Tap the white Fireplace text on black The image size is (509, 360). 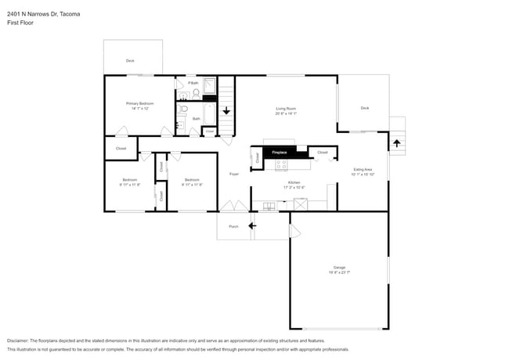279,152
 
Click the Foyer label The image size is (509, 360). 233,174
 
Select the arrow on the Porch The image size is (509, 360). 251,226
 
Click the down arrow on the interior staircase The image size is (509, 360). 226,110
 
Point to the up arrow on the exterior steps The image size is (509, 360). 396,143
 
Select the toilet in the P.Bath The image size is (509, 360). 196,93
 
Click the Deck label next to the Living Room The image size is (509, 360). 364,108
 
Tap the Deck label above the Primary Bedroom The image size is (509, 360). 130,60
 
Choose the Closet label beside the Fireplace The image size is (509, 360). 322,152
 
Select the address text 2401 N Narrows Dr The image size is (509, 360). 43,14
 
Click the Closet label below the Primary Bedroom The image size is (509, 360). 121,148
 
